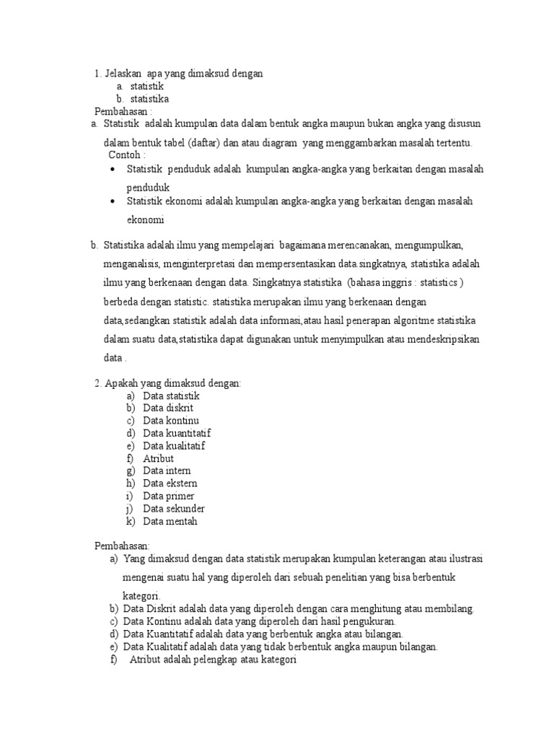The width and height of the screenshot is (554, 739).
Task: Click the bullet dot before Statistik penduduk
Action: tap(113, 170)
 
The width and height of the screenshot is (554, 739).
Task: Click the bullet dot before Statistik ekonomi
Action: tap(113, 202)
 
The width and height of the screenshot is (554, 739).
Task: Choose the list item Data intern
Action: tap(167, 471)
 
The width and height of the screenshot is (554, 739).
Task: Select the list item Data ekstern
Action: tap(170, 484)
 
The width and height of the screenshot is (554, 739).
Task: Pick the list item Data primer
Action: tap(168, 496)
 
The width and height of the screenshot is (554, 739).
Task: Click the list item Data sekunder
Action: tap(173, 509)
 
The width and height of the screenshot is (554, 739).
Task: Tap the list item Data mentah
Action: tap(170, 521)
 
